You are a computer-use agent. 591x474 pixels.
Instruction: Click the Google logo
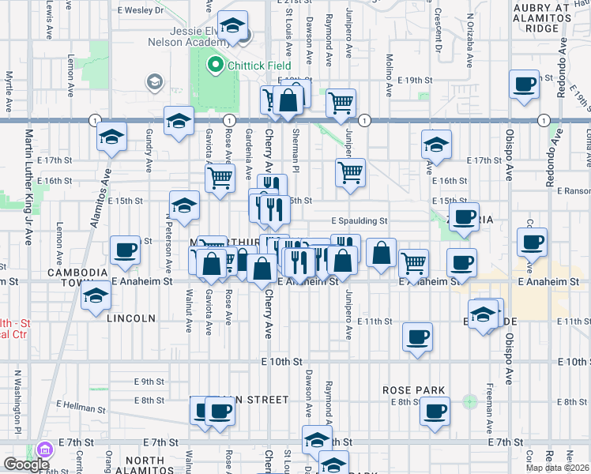click(26, 465)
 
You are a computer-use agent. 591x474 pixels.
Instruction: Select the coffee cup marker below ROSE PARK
click(435, 411)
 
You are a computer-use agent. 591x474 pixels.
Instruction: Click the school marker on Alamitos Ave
click(111, 137)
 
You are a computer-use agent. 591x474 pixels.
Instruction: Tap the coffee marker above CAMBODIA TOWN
click(125, 250)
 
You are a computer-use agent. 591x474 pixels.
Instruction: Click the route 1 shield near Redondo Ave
click(544, 120)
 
